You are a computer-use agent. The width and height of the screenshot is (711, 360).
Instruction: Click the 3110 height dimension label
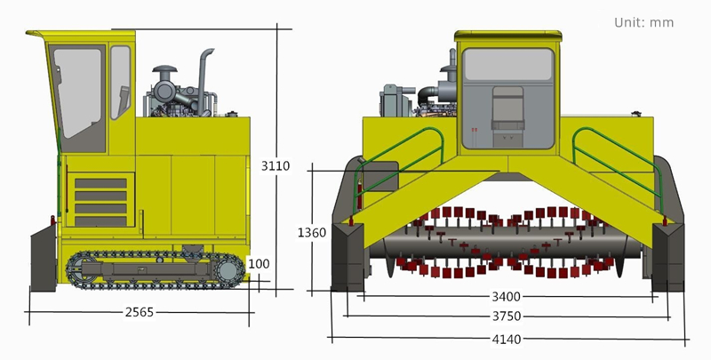click(276, 165)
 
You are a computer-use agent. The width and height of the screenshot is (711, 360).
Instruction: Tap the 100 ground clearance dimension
click(259, 264)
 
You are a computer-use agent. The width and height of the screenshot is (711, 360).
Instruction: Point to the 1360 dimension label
click(311, 233)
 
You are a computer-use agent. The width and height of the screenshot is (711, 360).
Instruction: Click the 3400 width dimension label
click(507, 297)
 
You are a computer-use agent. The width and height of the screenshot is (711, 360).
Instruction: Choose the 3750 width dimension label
click(507, 316)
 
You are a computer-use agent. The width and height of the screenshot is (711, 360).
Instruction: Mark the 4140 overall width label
click(507, 339)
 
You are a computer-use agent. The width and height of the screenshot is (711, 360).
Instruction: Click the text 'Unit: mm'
click(643, 22)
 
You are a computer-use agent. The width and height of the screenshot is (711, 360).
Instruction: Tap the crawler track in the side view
click(152, 269)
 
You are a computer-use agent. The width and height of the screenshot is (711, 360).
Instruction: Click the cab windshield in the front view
click(508, 65)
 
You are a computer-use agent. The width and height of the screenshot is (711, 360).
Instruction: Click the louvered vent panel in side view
click(100, 202)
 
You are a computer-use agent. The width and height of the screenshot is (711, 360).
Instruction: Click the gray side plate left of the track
click(44, 258)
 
